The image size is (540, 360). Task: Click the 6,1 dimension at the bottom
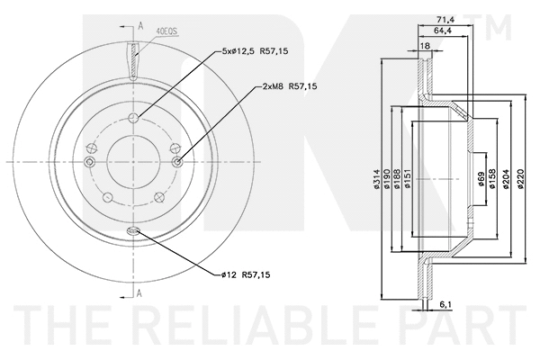pyautogui.click(x=445, y=306)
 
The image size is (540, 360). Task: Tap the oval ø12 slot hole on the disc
pyautogui.click(x=133, y=232)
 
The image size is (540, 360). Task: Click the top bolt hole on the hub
pyautogui.click(x=133, y=120)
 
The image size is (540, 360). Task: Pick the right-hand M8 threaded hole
pyautogui.click(x=176, y=161)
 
